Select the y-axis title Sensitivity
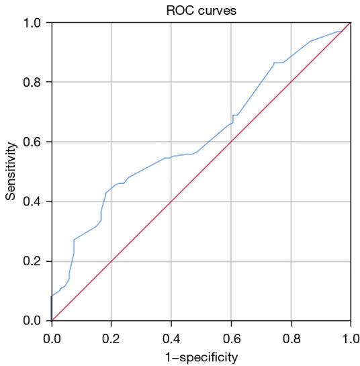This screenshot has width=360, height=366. pos(10,171)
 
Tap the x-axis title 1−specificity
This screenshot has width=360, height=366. pos(201,356)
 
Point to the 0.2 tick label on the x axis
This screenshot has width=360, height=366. pos(111,335)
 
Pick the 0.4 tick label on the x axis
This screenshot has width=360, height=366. pos(171,335)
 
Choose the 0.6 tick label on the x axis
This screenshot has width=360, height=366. pos(231,335)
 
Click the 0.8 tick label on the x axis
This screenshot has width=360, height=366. pos(291,335)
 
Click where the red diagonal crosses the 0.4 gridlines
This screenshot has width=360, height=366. pos(171,201)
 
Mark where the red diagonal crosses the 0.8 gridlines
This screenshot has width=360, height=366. pos(291,82)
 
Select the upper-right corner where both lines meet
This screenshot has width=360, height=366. pos(350,23)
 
